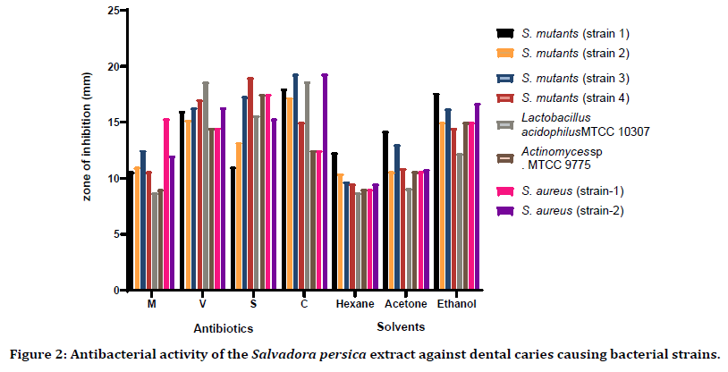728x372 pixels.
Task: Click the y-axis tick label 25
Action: (112, 11)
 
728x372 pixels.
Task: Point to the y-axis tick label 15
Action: (112, 123)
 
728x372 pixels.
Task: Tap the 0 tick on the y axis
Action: (115, 290)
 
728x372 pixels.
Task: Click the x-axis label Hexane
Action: (355, 304)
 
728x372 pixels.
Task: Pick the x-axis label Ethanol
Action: (456, 304)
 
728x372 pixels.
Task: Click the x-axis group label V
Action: (202, 304)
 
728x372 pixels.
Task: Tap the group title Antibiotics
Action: (223, 327)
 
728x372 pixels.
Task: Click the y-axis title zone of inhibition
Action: (88, 152)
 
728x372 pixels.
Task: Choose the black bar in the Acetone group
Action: (385, 210)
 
